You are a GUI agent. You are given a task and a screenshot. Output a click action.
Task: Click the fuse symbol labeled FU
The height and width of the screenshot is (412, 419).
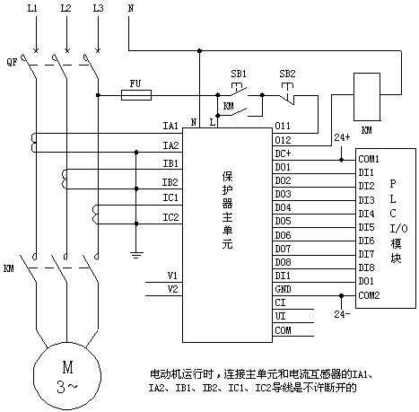coord(136,95)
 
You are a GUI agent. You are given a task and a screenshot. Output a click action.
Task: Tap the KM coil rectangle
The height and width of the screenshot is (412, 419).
coord(367,97)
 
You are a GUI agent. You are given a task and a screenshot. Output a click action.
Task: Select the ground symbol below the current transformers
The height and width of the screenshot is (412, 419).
coord(136,255)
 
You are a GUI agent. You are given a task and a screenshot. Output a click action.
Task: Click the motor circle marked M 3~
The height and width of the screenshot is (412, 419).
coord(67,375)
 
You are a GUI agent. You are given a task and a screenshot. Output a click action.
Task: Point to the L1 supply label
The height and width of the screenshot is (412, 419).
coord(32,8)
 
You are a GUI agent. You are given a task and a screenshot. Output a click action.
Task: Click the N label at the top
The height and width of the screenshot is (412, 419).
coord(131,8)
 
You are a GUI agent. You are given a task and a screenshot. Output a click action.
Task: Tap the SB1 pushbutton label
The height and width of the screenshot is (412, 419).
coord(239,74)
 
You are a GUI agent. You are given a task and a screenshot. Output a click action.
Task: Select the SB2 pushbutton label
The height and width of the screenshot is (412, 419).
coord(287,74)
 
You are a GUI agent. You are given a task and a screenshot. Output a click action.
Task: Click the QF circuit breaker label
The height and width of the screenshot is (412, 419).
coord(12,62)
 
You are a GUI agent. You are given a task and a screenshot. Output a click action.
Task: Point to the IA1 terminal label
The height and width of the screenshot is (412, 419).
coord(170,126)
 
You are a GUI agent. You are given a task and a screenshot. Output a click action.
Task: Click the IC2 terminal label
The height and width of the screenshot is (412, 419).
coord(170,217)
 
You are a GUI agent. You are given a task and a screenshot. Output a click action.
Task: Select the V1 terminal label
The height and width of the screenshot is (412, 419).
coord(172,276)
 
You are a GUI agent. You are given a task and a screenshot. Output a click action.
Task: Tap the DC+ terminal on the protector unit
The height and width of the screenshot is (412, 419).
coord(283,153)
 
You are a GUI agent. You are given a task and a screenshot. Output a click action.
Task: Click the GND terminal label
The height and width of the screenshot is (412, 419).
coord(283,289)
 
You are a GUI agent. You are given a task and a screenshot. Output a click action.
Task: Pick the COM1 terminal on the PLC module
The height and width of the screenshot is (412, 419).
coord(369,159)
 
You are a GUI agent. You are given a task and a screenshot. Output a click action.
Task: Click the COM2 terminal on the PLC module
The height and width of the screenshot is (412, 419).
coord(369,295)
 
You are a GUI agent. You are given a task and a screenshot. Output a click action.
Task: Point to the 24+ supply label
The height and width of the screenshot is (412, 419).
coord(342,137)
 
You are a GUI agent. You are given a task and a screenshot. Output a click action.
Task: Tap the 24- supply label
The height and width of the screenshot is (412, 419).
coord(342,314)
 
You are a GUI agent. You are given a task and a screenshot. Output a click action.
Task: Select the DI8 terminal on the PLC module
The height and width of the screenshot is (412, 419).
coord(366,267)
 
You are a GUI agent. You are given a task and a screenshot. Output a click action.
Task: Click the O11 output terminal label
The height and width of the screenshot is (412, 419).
coord(283,126)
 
